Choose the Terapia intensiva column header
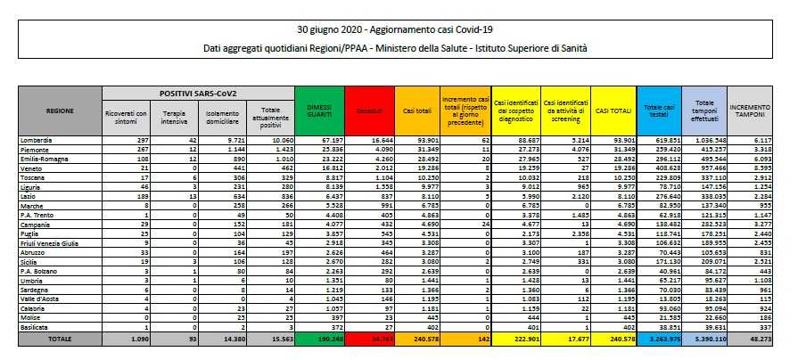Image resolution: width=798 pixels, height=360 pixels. pyautogui.click(x=174, y=117)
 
